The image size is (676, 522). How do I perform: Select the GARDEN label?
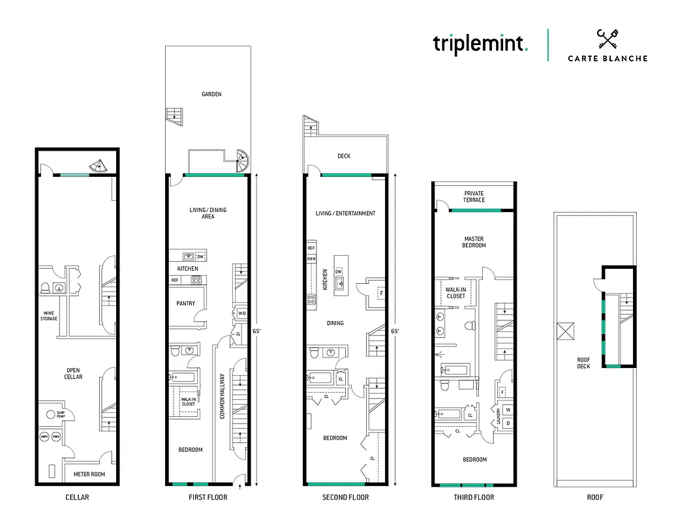point(211,94)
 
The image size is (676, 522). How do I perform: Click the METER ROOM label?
point(90,474)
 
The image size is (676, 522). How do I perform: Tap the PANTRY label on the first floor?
point(186,303)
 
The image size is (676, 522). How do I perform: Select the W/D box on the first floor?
point(242,314)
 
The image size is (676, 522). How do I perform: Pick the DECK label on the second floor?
point(344,157)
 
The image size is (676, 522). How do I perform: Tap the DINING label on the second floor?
point(335,323)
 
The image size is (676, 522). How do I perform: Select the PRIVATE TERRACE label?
point(474,196)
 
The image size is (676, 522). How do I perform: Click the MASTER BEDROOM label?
point(474,242)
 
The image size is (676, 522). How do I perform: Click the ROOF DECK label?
point(583,363)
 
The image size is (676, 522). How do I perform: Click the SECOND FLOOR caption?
point(345,497)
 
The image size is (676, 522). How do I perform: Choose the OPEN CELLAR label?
point(73,374)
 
